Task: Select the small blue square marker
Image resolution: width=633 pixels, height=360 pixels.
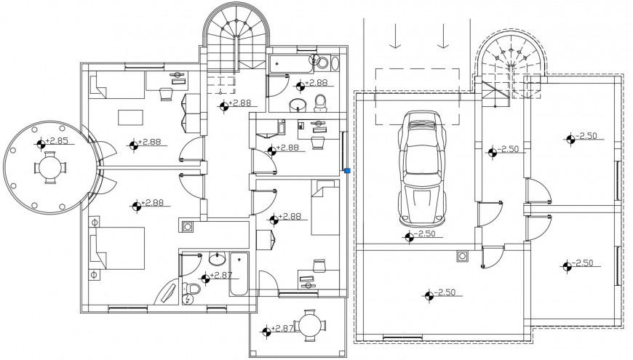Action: pos(347,171)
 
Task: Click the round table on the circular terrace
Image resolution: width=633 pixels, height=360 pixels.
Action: pos(49,168)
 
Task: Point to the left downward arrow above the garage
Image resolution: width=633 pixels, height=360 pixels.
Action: pos(394,37)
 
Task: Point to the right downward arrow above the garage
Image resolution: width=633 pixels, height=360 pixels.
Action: pos(442,37)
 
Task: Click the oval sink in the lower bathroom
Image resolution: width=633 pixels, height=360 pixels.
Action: pos(216,260)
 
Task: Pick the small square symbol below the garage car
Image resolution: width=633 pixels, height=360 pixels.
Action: pos(462,255)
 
